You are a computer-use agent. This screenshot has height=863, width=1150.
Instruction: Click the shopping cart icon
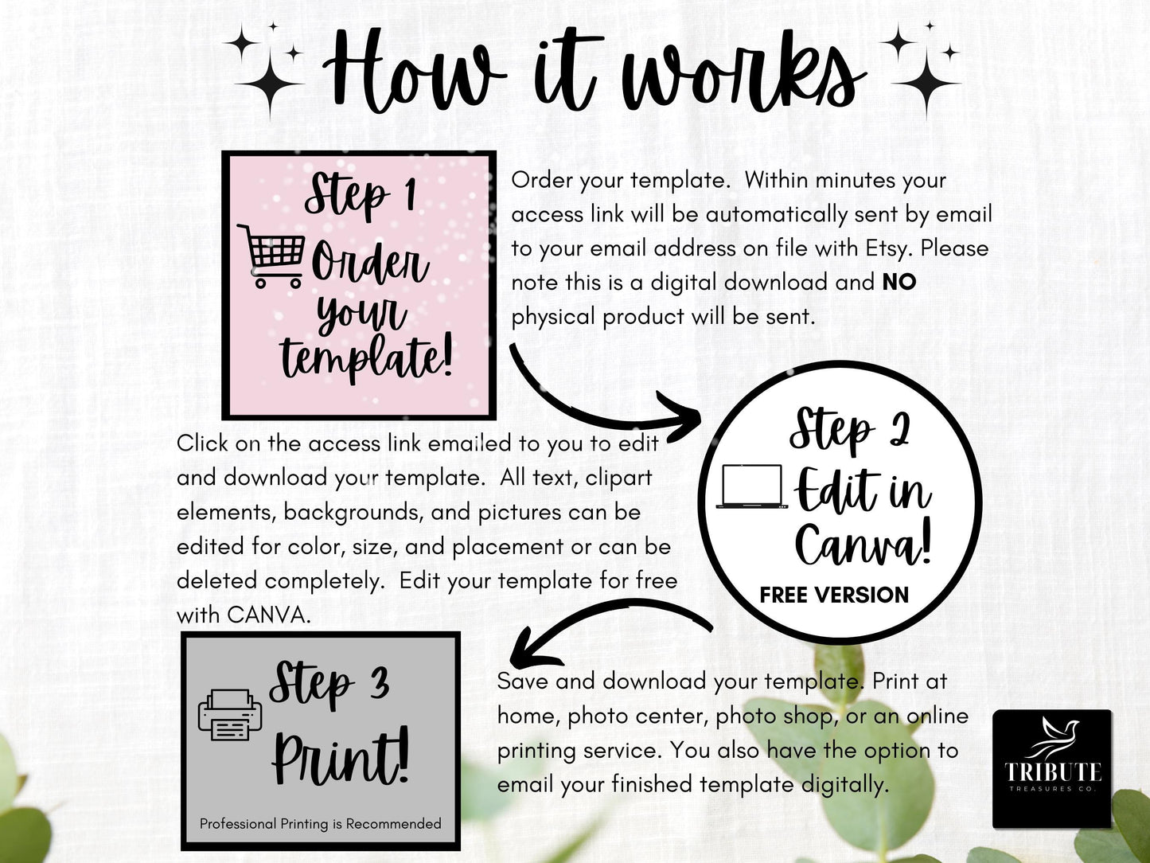pos(271,256)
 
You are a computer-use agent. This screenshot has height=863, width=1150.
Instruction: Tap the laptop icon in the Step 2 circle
pos(752,486)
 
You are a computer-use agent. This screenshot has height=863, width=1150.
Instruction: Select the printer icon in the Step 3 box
pos(229,715)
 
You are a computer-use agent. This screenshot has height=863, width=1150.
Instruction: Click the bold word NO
pos(899,282)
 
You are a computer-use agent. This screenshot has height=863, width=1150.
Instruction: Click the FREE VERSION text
pos(834,595)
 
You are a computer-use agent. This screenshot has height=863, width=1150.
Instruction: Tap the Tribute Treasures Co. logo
pos(1052,769)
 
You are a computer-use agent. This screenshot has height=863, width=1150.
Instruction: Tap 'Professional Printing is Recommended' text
pos(320,824)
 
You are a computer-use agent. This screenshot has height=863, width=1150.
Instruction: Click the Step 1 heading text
pos(361,194)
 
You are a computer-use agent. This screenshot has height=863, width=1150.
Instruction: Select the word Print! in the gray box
pos(341,757)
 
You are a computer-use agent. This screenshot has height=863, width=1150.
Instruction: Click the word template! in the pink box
pos(366,357)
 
